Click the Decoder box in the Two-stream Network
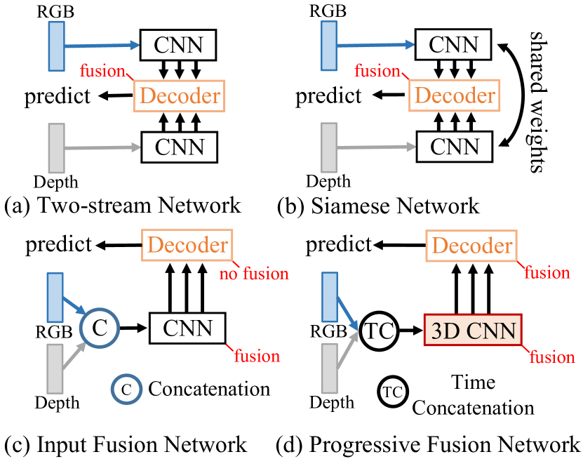[x=178, y=95]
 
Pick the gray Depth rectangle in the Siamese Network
[x=331, y=146]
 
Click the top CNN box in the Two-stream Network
[x=180, y=46]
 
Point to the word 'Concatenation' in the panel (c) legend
[x=209, y=388]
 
